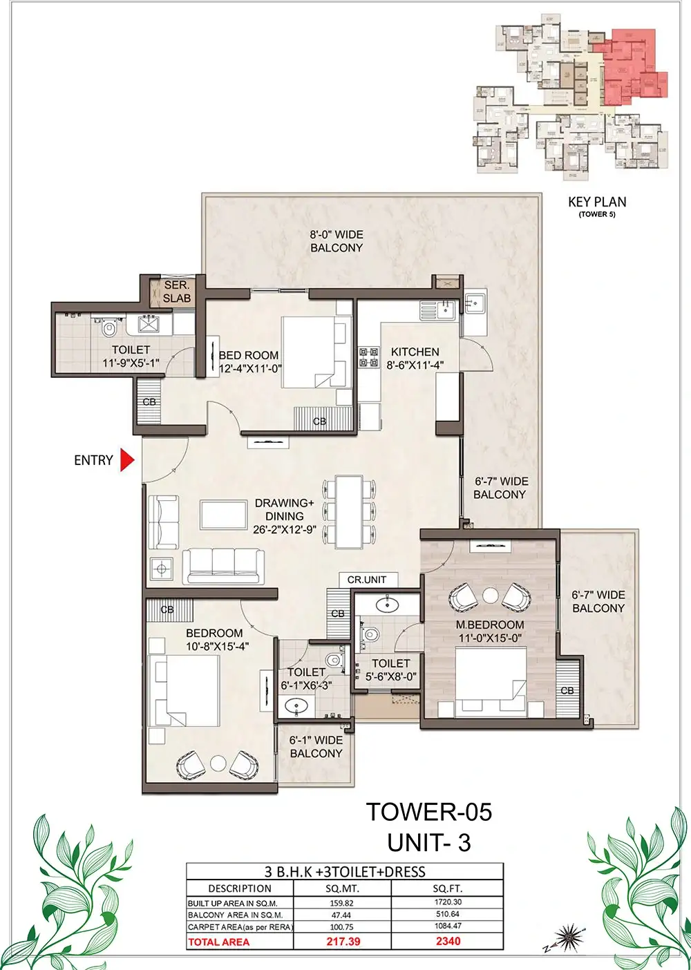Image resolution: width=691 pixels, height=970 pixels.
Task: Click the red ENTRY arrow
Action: pyautogui.click(x=127, y=460)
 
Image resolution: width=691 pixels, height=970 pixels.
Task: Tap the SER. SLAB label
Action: pyautogui.click(x=177, y=292)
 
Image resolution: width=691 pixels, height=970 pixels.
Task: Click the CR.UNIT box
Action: pyautogui.click(x=367, y=580)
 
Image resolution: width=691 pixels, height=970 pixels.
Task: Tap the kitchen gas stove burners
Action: pyautogui.click(x=369, y=356)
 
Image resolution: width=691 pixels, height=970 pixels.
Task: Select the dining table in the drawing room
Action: pyautogui.click(x=349, y=512)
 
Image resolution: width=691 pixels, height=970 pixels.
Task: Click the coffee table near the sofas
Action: pyautogui.click(x=224, y=515)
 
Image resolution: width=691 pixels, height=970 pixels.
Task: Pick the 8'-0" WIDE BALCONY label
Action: pyautogui.click(x=337, y=241)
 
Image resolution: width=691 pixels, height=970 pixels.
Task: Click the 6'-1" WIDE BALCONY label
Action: pyautogui.click(x=316, y=747)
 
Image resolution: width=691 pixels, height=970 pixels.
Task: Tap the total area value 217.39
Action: pyautogui.click(x=343, y=942)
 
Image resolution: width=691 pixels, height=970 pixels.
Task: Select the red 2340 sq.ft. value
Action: pyautogui.click(x=448, y=941)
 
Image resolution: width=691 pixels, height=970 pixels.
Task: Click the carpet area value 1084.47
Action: pyautogui.click(x=448, y=926)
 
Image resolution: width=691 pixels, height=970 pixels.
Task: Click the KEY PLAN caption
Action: pyautogui.click(x=597, y=202)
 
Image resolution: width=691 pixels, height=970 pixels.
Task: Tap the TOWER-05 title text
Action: pyautogui.click(x=429, y=812)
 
